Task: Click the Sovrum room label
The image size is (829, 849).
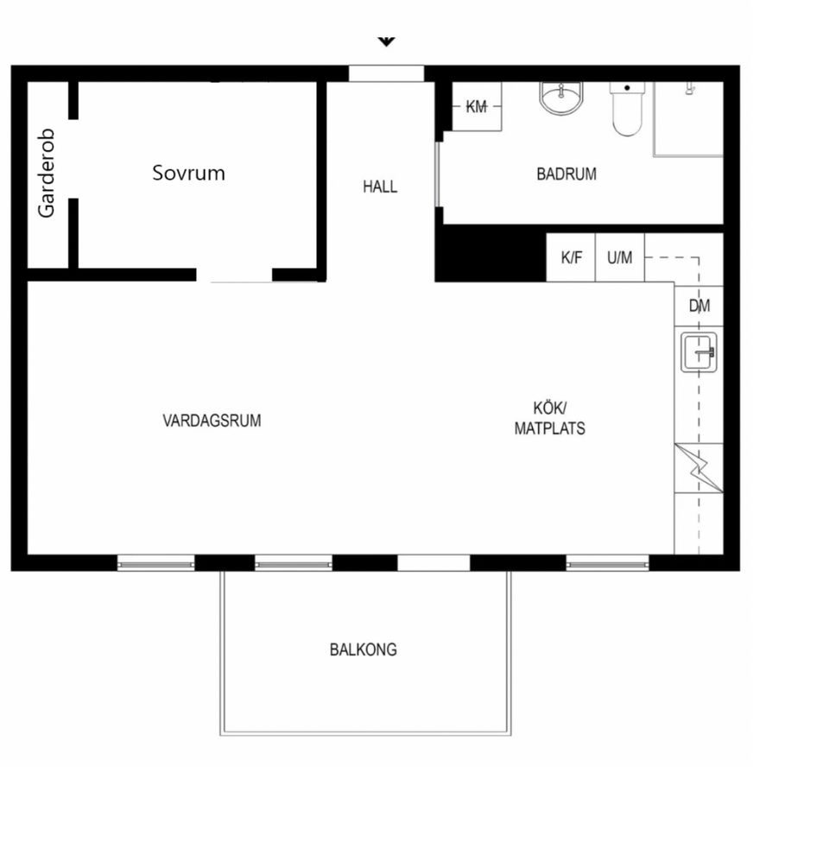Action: click(188, 173)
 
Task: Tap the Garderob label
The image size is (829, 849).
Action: click(46, 174)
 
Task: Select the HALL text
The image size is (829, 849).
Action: click(380, 187)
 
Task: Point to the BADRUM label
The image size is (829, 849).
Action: click(566, 174)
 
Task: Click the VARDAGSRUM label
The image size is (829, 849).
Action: click(212, 421)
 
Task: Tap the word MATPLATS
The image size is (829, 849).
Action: click(549, 428)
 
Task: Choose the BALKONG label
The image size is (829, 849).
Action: click(364, 649)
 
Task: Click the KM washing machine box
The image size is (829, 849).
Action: click(477, 106)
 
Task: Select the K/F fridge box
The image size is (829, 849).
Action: click(571, 257)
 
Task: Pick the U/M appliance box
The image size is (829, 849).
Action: click(620, 257)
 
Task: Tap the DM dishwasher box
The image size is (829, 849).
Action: click(699, 306)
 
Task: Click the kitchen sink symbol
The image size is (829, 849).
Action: click(699, 352)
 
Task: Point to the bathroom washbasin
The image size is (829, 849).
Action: click(561, 98)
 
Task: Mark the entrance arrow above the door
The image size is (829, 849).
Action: click(386, 41)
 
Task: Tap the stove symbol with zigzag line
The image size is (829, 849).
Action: click(699, 468)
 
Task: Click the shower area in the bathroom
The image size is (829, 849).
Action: click(688, 119)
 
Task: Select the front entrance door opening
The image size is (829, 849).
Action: click(386, 73)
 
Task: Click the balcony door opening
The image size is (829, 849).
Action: click(433, 562)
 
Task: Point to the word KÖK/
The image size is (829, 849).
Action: click(549, 408)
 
